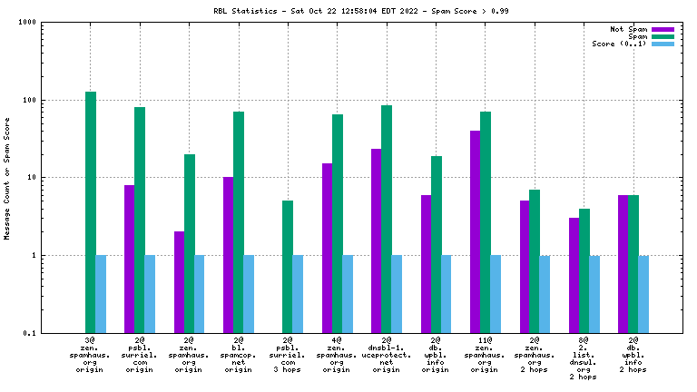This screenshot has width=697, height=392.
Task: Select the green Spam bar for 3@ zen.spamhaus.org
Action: point(91,212)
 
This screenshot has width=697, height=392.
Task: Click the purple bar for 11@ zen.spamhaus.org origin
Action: point(476,231)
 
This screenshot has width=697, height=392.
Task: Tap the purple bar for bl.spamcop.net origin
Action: point(229,255)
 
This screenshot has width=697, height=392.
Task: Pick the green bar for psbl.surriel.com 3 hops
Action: point(288,267)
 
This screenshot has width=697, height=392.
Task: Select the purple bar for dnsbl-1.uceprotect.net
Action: point(377,240)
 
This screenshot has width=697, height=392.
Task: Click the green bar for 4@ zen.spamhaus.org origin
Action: point(338,223)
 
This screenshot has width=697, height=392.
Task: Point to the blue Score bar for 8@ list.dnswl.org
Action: point(595,294)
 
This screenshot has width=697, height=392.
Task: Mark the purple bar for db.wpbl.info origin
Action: point(426,264)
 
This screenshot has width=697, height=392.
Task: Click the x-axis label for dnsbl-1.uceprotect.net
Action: point(387,354)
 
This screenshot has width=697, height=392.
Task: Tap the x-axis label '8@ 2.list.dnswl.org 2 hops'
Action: point(584,358)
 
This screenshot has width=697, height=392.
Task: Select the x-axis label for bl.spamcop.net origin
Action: point(239,354)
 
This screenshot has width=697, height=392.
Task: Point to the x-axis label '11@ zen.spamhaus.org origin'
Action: point(486,354)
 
